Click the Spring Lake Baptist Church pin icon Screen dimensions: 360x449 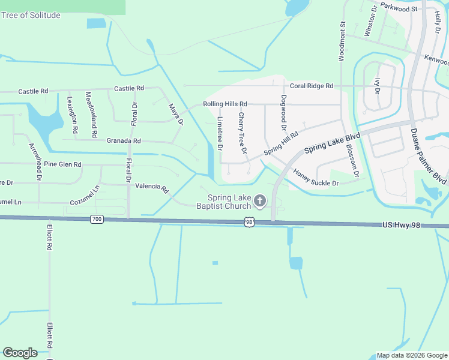(259, 200)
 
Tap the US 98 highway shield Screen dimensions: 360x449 (249, 222)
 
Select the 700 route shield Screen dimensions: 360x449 (97, 220)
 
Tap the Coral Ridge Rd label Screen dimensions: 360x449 (311, 86)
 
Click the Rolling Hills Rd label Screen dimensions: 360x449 (225, 104)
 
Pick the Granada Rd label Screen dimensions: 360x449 (123, 141)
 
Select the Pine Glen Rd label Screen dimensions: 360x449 (62, 164)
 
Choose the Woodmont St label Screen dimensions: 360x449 (342, 41)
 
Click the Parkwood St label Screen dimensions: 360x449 (399, 8)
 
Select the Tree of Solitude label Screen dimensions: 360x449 (31, 15)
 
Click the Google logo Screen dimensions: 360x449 (20, 352)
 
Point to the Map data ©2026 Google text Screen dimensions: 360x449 (412, 355)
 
